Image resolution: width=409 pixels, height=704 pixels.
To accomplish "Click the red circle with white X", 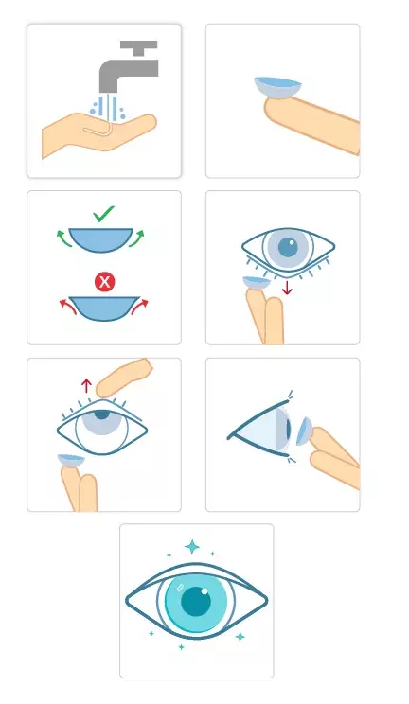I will (x=104, y=281).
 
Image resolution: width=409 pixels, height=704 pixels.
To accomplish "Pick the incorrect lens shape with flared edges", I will (x=104, y=307).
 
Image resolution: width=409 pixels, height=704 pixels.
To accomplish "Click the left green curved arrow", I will (x=63, y=236).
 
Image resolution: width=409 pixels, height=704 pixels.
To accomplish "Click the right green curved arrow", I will (x=145, y=236).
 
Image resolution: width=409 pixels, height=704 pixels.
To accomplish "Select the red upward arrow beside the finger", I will (x=86, y=385).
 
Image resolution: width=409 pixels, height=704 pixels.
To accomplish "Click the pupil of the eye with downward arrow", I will (x=283, y=248).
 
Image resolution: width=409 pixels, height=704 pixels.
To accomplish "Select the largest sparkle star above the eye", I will (x=192, y=547).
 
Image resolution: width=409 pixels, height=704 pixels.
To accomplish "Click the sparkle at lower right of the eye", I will (x=240, y=637).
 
